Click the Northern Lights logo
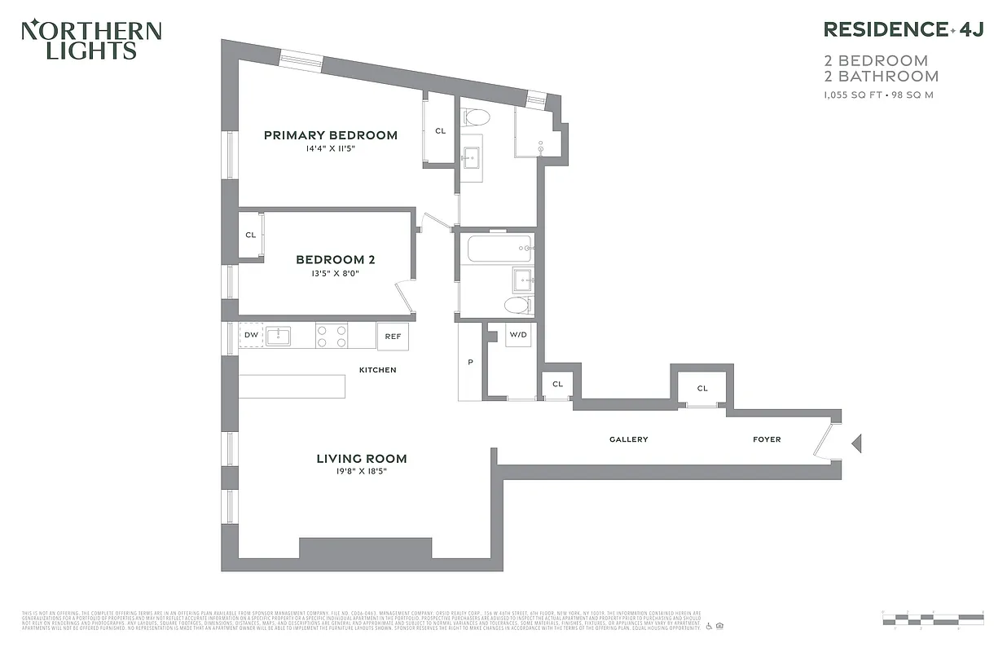90,40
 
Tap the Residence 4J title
904,30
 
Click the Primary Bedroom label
330,135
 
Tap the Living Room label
361,459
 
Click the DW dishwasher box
250,336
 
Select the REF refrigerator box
393,336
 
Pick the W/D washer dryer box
518,335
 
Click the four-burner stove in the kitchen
332,336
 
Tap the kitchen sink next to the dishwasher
278,336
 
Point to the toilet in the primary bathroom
475,117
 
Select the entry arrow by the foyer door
856,443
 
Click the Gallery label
628,439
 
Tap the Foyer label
766,439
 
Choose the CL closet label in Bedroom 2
251,236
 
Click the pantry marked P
470,362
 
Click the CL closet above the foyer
702,388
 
